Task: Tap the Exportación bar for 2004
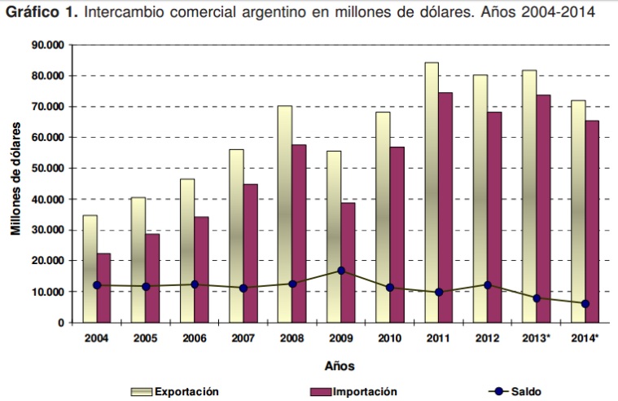tap(90, 268)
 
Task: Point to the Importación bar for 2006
tap(201, 269)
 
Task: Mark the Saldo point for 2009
tap(341, 271)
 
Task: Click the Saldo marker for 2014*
tap(585, 304)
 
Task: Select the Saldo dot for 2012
tap(487, 285)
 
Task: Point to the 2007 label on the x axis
tap(243, 337)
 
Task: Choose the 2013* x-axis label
tap(537, 337)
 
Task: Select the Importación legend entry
tap(354, 391)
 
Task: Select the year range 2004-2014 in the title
tap(553, 13)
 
